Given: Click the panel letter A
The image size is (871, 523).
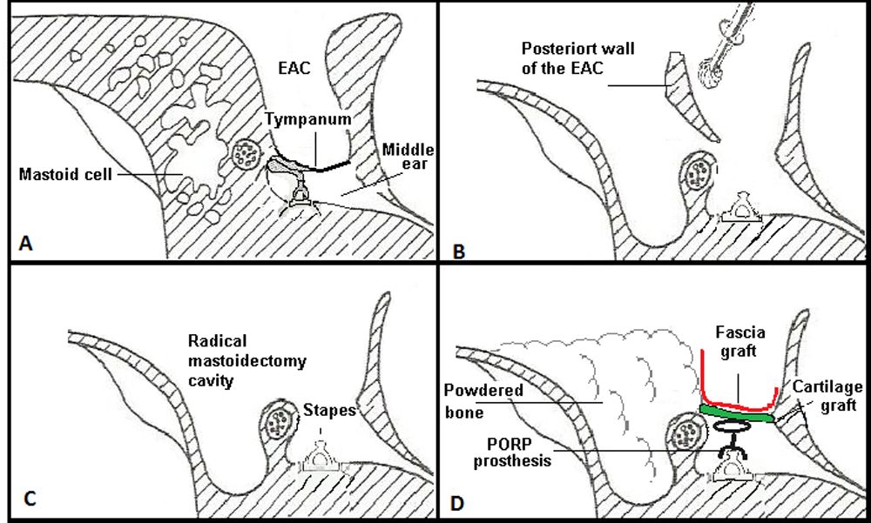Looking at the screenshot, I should (26, 245).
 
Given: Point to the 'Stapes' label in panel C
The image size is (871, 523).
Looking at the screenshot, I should (332, 411).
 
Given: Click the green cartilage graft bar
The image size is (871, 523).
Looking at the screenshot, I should (736, 416).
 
